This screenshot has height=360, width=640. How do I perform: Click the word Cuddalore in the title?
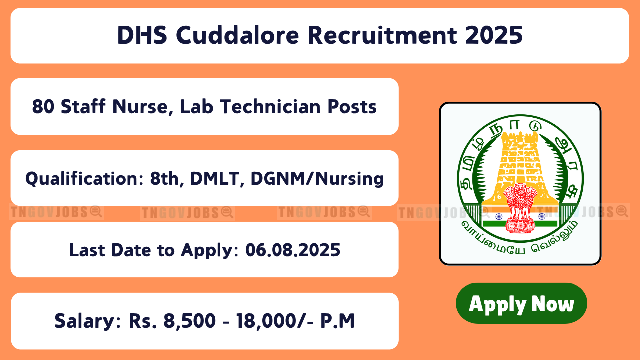tap(237, 35)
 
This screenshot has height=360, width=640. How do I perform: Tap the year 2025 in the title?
tap(494, 35)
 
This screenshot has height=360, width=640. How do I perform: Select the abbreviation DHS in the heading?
tap(142, 35)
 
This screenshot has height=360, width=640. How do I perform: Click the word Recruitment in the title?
tap(382, 35)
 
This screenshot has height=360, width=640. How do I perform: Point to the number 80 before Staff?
tap(43, 107)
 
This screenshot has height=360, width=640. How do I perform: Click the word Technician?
tap(270, 107)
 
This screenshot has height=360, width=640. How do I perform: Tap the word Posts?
tap(352, 107)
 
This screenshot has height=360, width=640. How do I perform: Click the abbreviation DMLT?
tap(215, 179)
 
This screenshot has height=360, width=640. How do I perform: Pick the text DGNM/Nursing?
tap(317, 179)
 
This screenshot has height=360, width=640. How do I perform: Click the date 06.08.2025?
tap(293, 250)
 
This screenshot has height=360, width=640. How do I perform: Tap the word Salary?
tap(85, 321)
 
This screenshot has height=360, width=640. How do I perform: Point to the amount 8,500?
tap(189, 321)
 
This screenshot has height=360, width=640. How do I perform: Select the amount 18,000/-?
tap(275, 321)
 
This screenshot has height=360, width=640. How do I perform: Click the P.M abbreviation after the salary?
tap(337, 321)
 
